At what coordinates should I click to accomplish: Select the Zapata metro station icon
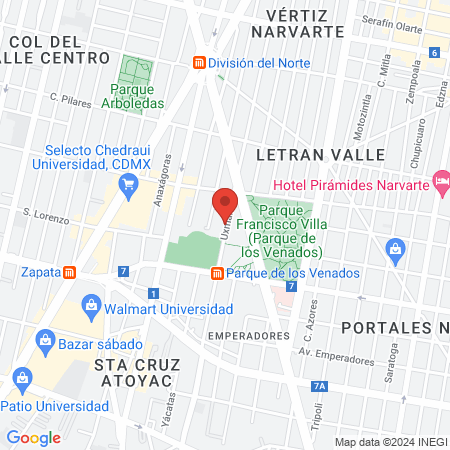pyautogui.click(x=69, y=271)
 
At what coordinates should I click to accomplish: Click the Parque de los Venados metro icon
pyautogui.click(x=217, y=273)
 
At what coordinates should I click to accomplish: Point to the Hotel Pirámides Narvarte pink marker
pyautogui.click(x=441, y=180)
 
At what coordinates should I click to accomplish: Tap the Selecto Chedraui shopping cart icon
pyautogui.click(x=127, y=183)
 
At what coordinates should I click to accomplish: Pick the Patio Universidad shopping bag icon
pyautogui.click(x=21, y=377)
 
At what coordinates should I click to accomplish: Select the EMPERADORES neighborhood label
pyautogui.click(x=249, y=336)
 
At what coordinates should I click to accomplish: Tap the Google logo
pyautogui.click(x=33, y=437)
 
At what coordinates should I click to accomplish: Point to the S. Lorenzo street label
pyautogui.click(x=46, y=217)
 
